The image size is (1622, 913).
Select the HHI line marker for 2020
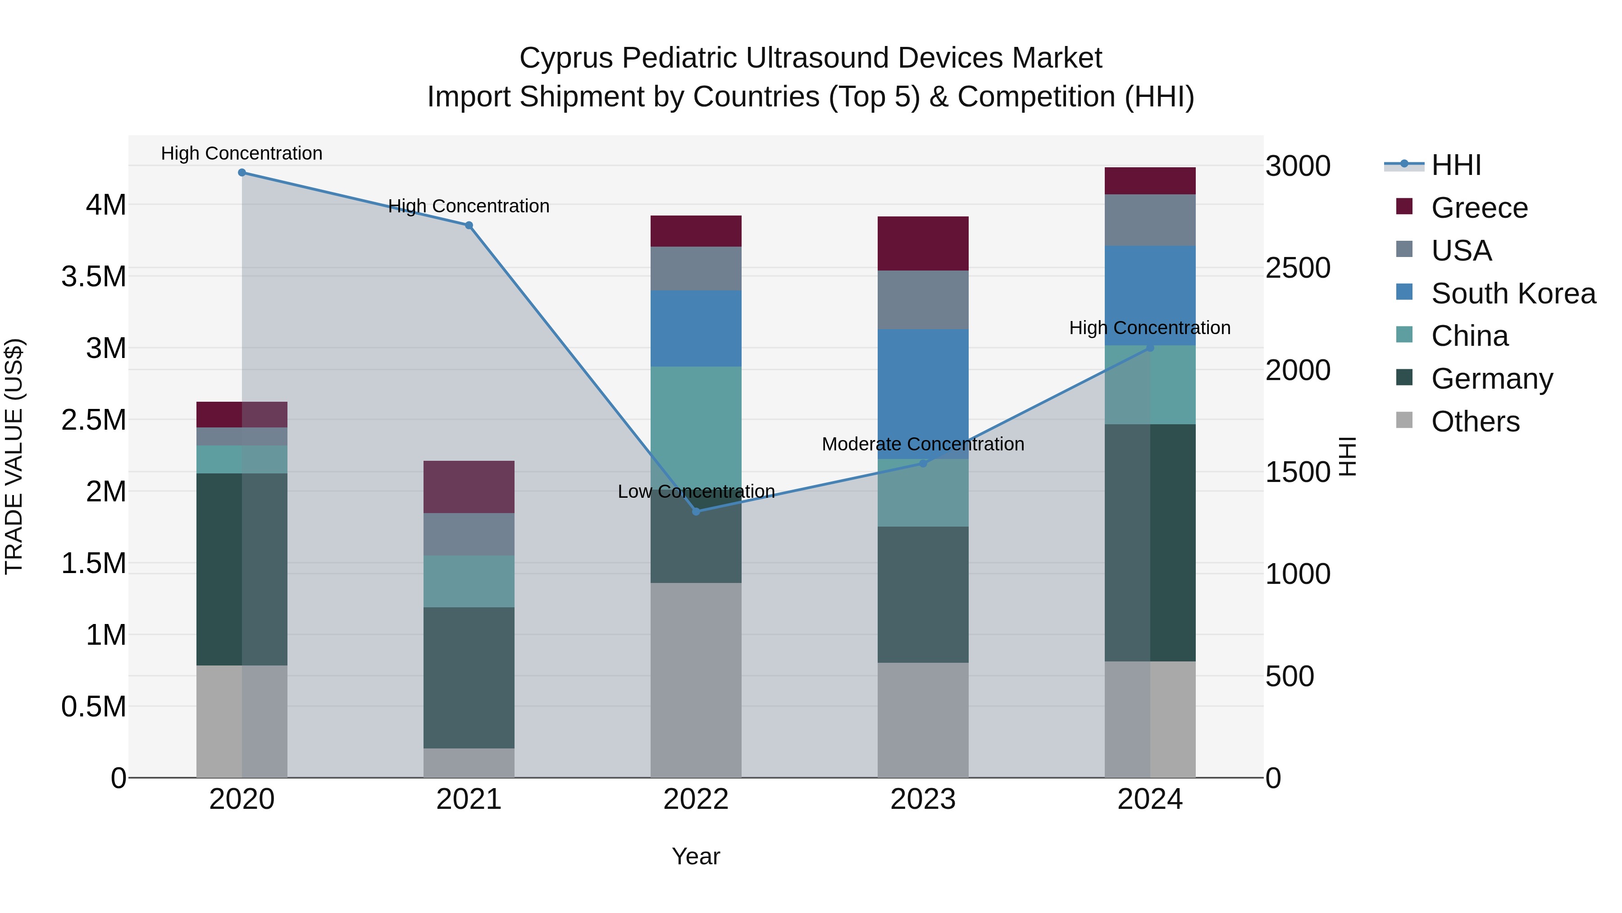tap(242, 172)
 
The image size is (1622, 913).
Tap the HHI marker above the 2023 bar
tap(923, 463)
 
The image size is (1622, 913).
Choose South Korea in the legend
tap(1513, 294)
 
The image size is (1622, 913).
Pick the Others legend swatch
tap(1404, 420)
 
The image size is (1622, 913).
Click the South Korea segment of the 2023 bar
tap(923, 394)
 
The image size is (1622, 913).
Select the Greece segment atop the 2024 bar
tap(1150, 181)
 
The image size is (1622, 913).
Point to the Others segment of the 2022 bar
tap(696, 680)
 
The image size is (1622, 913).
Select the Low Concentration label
tap(696, 491)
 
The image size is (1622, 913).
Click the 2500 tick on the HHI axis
tap(1298, 268)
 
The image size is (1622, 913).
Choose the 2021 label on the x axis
tap(469, 799)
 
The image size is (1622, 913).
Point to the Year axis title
tap(696, 856)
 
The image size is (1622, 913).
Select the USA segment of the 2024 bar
tap(1150, 220)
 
